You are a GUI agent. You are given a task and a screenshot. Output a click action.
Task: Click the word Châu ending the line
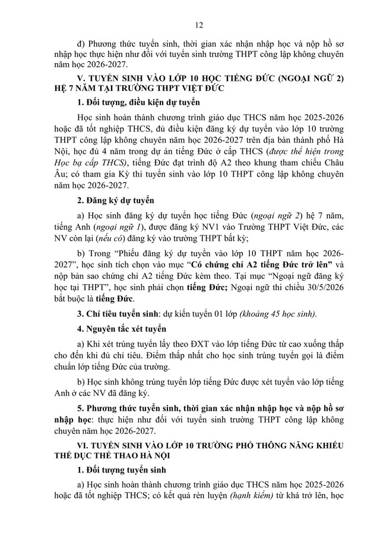tap(346, 162)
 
